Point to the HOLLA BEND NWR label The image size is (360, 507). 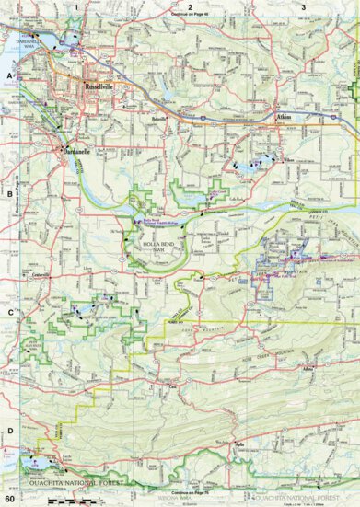[x=157, y=244]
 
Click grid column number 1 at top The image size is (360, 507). [x=76, y=6]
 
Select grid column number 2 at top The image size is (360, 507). [x=190, y=6]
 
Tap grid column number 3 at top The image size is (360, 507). [x=304, y=6]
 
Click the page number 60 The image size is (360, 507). [x=8, y=498]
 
